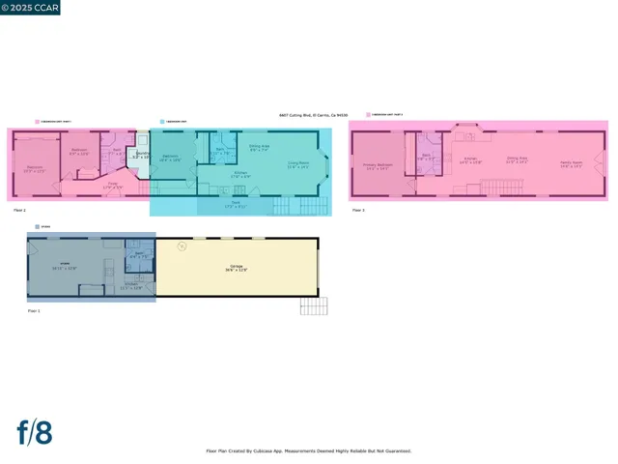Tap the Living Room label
tap(297, 164)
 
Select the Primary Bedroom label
tap(375, 167)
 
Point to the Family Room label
tap(571, 164)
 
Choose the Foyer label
tap(113, 186)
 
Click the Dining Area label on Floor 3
tap(518, 159)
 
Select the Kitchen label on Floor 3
tap(470, 159)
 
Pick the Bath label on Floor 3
tap(426, 157)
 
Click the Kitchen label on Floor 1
tap(130, 286)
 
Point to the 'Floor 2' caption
tap(19, 210)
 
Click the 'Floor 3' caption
tap(357, 210)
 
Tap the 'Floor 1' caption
tap(34, 310)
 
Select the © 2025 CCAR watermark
tap(32, 8)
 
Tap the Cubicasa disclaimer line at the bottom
tap(309, 450)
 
